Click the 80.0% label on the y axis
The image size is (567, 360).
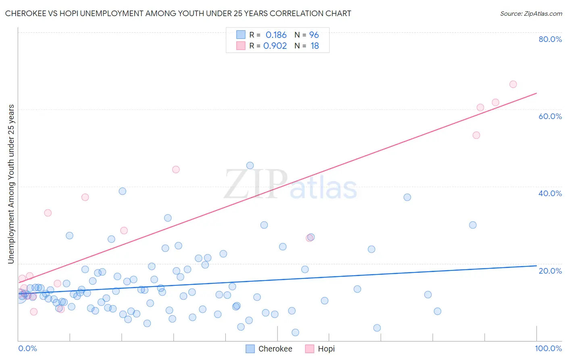pos(550,39)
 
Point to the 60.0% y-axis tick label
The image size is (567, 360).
pos(550,116)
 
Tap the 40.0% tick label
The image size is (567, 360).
pos(550,193)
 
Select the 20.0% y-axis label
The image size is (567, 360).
pos(550,270)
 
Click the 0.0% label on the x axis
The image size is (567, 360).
pos(27,348)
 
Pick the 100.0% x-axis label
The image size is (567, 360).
pos(548,348)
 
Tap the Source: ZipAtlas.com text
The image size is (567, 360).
pos(531,13)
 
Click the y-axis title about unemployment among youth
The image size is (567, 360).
pos(11,184)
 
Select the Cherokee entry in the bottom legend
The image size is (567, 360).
pos(269,349)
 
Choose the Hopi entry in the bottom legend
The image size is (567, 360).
pos(320,349)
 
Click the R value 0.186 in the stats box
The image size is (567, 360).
pos(276,35)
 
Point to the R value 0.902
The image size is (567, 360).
pos(275,46)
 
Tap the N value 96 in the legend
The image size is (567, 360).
pos(314,35)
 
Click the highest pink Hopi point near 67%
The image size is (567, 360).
pos(513,84)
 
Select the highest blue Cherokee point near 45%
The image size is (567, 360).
pos(250,165)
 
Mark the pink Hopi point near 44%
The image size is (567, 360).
pos(176,170)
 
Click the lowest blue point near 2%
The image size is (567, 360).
pos(295,333)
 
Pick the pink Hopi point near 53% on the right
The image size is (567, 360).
pos(476,135)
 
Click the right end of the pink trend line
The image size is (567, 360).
pos(536,93)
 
